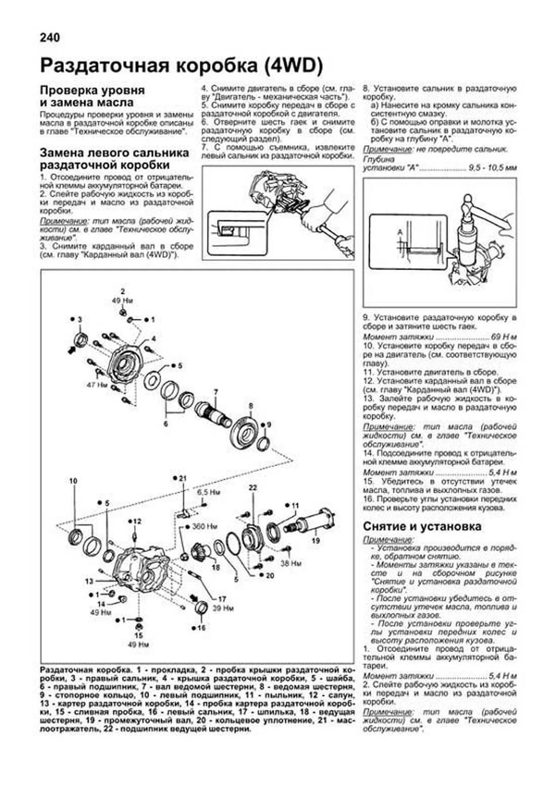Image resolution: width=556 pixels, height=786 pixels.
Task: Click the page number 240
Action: click(x=50, y=38)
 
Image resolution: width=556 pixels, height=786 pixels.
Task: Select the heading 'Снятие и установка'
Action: click(x=422, y=527)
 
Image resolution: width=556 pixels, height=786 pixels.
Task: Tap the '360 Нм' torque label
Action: click(x=205, y=527)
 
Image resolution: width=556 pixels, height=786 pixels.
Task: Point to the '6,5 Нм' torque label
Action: click(x=208, y=492)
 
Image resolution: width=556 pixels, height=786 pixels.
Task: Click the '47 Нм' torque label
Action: click(x=96, y=385)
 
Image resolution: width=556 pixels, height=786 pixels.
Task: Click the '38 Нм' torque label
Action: click(x=291, y=563)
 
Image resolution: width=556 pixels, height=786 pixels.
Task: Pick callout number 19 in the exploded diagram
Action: click(x=316, y=540)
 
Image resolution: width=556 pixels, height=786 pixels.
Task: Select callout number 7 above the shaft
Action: click(x=215, y=392)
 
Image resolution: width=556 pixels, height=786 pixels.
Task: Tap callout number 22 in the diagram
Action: click(x=253, y=488)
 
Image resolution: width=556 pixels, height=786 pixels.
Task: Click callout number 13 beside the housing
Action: click(x=89, y=581)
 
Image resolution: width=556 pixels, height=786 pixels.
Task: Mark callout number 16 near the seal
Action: click(x=201, y=628)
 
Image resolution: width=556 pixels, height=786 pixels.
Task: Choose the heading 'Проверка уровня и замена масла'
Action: click(x=92, y=96)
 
